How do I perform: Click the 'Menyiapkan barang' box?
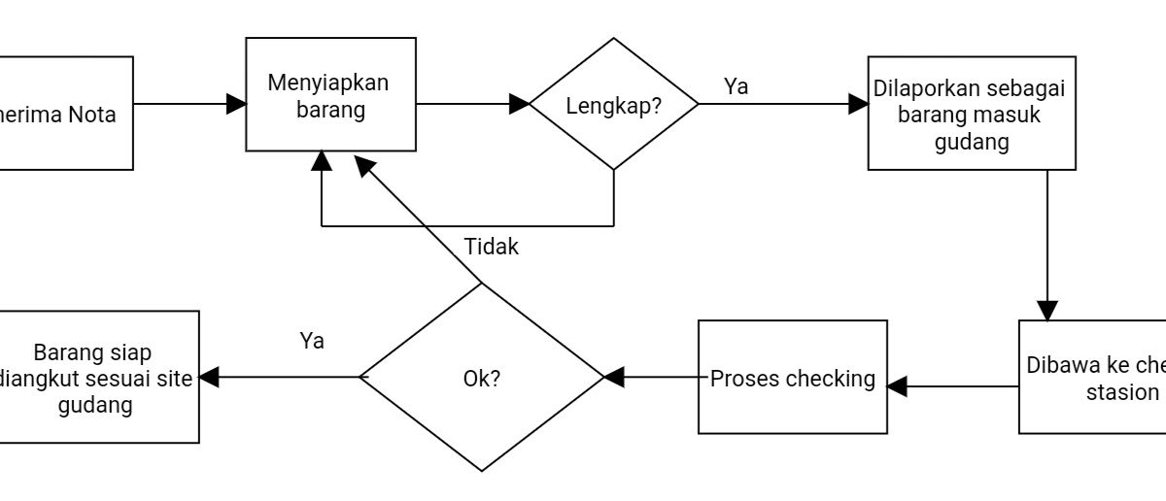[x=329, y=95]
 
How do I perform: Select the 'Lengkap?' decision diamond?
[x=613, y=104]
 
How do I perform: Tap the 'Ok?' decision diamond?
[x=482, y=377]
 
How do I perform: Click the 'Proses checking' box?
[x=792, y=377]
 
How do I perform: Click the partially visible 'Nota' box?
[x=66, y=113]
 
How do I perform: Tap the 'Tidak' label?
[x=491, y=247]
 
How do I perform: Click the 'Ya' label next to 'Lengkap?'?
[x=736, y=86]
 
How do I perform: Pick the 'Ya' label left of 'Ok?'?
[x=312, y=341]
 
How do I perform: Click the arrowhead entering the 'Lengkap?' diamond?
[x=518, y=104]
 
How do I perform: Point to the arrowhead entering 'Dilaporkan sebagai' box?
[x=858, y=104]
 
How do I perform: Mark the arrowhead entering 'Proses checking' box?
[x=897, y=386]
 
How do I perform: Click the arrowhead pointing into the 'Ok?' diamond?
[x=614, y=377]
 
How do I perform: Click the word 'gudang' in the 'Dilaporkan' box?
[x=971, y=142]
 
